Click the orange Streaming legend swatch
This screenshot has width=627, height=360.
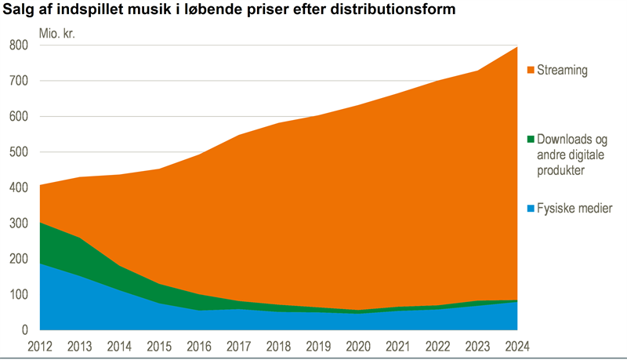point(530,71)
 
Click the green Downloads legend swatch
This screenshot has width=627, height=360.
point(530,140)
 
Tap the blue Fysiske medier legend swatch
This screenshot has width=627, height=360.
point(530,209)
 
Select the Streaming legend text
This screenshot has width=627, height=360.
point(562,71)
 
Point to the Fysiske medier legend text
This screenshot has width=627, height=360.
point(574,209)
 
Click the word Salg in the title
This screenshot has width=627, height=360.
point(18,10)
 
